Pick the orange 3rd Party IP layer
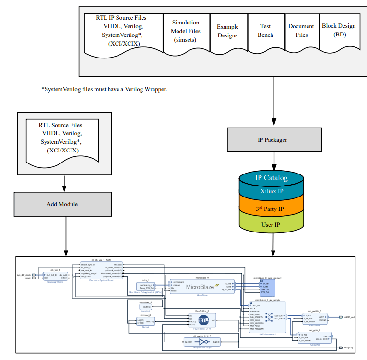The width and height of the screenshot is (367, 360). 272,209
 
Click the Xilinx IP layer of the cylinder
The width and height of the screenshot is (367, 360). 272,191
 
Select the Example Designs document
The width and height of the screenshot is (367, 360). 227,31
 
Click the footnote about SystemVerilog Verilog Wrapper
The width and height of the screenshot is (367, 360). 104,89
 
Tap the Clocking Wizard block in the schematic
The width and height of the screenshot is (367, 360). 54,277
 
